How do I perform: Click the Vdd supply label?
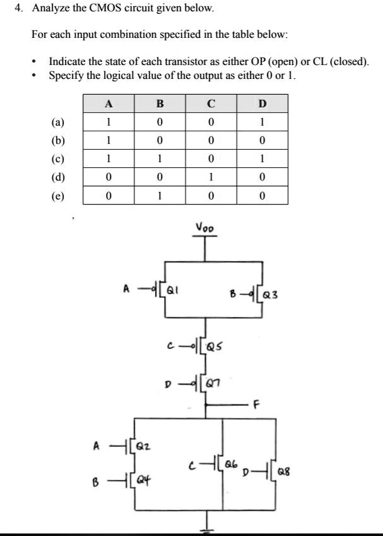point(206,227)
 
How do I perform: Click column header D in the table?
point(263,103)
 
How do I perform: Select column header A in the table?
point(109,103)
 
